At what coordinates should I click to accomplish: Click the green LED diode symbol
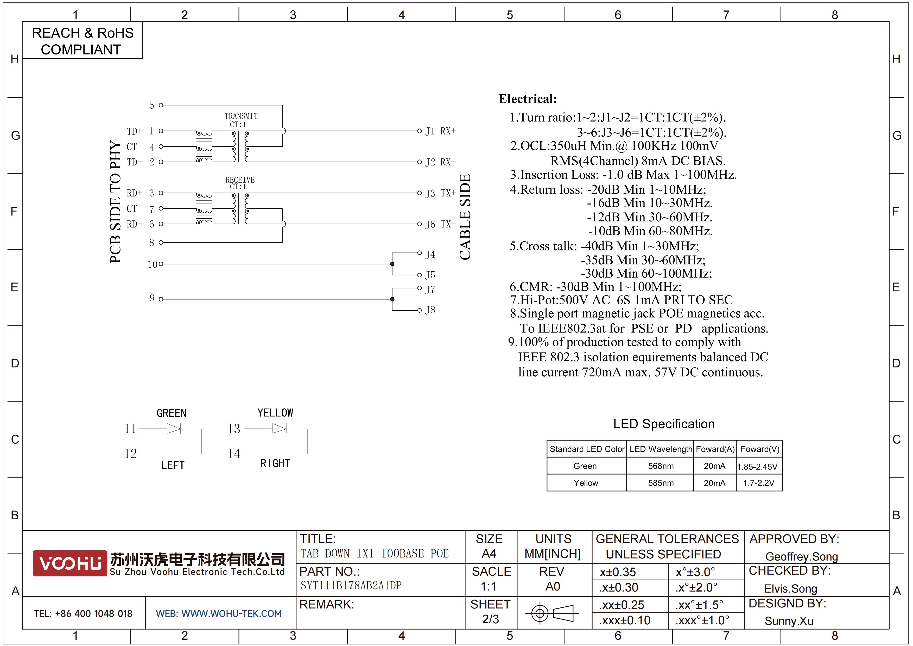pyautogui.click(x=174, y=428)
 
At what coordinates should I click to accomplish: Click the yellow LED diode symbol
pyautogui.click(x=279, y=428)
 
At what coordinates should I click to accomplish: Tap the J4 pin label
pyautogui.click(x=430, y=254)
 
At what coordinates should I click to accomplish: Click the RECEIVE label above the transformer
pyautogui.click(x=240, y=180)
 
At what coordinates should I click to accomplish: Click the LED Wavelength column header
pyautogui.click(x=661, y=449)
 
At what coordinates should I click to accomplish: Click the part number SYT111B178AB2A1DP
pyautogui.click(x=351, y=586)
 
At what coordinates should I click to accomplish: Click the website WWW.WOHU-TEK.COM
pyautogui.click(x=231, y=613)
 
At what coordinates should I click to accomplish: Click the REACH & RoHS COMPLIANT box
pyautogui.click(x=82, y=41)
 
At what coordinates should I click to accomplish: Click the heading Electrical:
pyautogui.click(x=528, y=99)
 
